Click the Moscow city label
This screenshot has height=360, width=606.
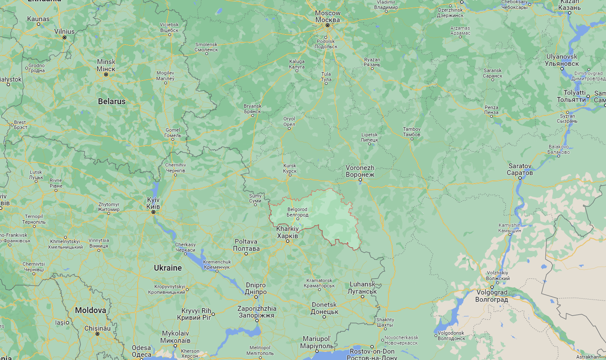pos(328,17)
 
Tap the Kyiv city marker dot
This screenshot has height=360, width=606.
pos(153,212)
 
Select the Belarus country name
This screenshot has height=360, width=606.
pos(111,102)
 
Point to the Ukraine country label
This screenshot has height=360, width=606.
pos(168,268)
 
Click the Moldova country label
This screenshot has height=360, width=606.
pos(90,310)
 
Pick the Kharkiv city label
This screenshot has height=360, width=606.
pos(287,232)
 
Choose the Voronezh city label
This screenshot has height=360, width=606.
pos(360,171)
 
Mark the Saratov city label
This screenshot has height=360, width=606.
pos(520,170)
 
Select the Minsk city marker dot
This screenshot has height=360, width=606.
pos(106,74)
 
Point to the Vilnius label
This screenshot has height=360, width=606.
pos(64,31)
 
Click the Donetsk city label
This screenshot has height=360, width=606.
pos(324,308)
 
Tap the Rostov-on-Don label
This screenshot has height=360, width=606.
pos(372,354)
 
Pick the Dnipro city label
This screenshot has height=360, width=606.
pos(256,288)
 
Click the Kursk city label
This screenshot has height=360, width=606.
pos(290,168)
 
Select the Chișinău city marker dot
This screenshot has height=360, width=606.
pos(97,334)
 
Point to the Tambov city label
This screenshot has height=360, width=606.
pos(412,132)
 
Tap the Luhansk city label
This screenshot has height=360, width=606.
pos(362,288)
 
